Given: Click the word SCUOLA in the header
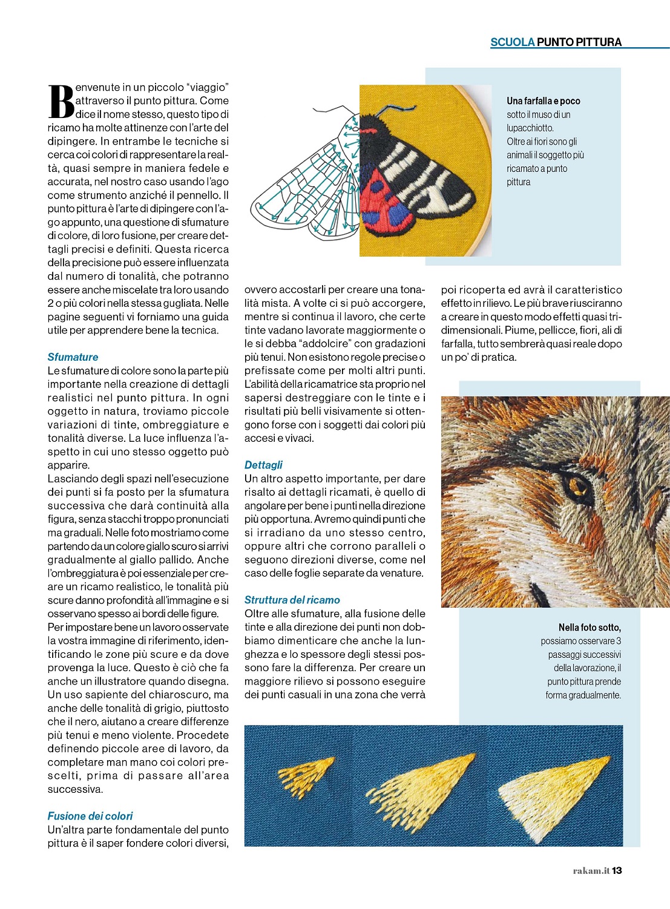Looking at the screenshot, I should click(512, 42).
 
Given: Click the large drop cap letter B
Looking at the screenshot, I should click(61, 102).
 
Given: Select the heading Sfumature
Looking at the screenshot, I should click(73, 357).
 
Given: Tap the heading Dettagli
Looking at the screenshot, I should click(263, 465).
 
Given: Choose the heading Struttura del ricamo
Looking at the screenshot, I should click(292, 600).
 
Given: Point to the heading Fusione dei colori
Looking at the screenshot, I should click(90, 816).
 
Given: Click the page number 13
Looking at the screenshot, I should click(617, 870).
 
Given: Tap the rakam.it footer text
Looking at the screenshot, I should click(591, 870).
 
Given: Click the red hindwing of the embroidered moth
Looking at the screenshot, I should click(381, 200).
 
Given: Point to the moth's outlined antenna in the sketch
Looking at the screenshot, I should click(333, 111).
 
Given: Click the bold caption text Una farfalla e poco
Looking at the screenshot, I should click(543, 101).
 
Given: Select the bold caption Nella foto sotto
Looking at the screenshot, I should click(590, 628).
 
